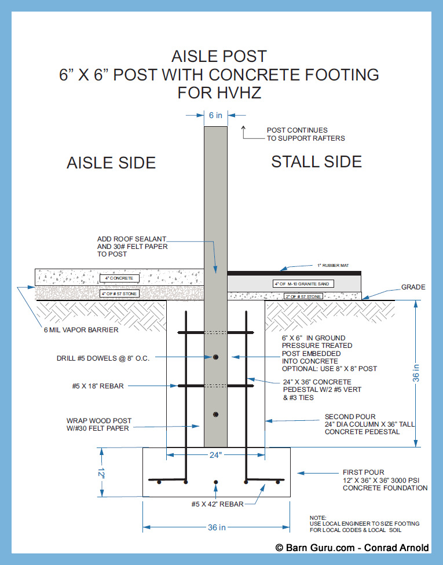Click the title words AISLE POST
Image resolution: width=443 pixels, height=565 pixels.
(219, 56)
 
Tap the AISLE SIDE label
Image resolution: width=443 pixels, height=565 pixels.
(111, 163)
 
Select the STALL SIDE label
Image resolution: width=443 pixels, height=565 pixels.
(316, 162)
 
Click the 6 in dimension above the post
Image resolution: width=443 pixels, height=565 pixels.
(215, 115)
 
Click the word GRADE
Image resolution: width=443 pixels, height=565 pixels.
(413, 287)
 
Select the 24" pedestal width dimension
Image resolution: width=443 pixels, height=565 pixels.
(215, 455)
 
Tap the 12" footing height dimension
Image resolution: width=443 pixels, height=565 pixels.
(102, 473)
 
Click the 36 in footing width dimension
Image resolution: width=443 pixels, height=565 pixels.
(215, 527)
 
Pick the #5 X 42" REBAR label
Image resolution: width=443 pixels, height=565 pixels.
(217, 504)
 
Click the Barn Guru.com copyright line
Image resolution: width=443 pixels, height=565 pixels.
(352, 548)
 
